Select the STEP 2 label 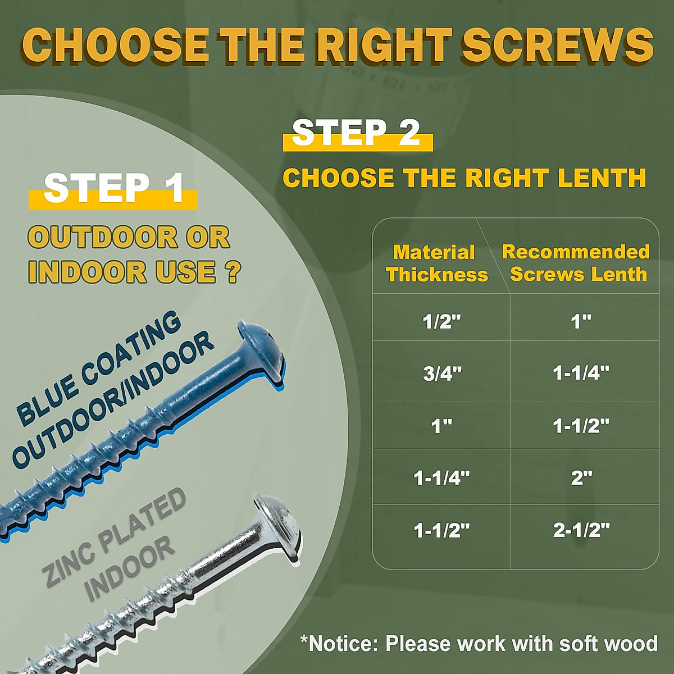pyautogui.click(x=357, y=133)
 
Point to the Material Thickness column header pyautogui.click(x=436, y=263)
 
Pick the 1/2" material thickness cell pyautogui.click(x=441, y=321)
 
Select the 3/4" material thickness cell pyautogui.click(x=441, y=373)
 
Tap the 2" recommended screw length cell pyautogui.click(x=581, y=478)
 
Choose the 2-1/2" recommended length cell pyautogui.click(x=581, y=530)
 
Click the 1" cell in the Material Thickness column pyautogui.click(x=441, y=426)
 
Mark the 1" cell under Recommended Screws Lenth pyautogui.click(x=581, y=321)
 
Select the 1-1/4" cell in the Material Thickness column pyautogui.click(x=441, y=478)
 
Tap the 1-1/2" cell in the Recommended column pyautogui.click(x=581, y=426)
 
